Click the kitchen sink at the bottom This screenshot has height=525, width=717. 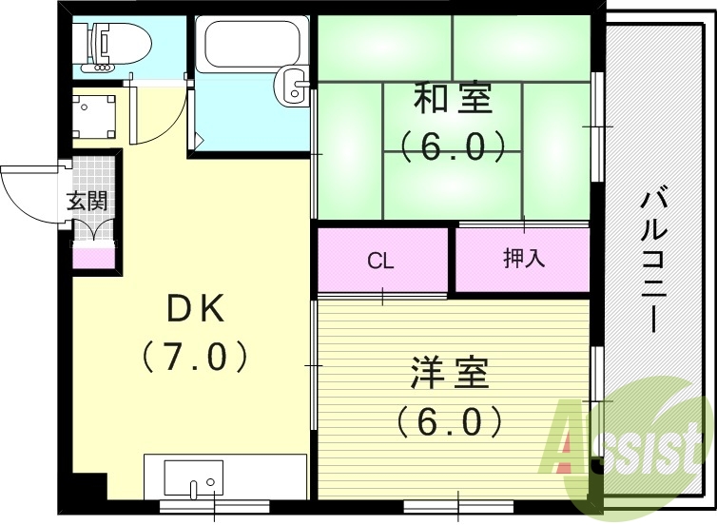193,476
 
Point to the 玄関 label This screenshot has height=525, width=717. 86,201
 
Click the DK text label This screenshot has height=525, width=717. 195,309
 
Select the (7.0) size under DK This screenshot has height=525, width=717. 195,357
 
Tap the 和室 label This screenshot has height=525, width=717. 453,99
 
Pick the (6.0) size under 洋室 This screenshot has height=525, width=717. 449,419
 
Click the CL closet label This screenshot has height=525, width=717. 381,261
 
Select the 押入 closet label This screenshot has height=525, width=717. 524,259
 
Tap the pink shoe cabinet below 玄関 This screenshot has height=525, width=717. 94,256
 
